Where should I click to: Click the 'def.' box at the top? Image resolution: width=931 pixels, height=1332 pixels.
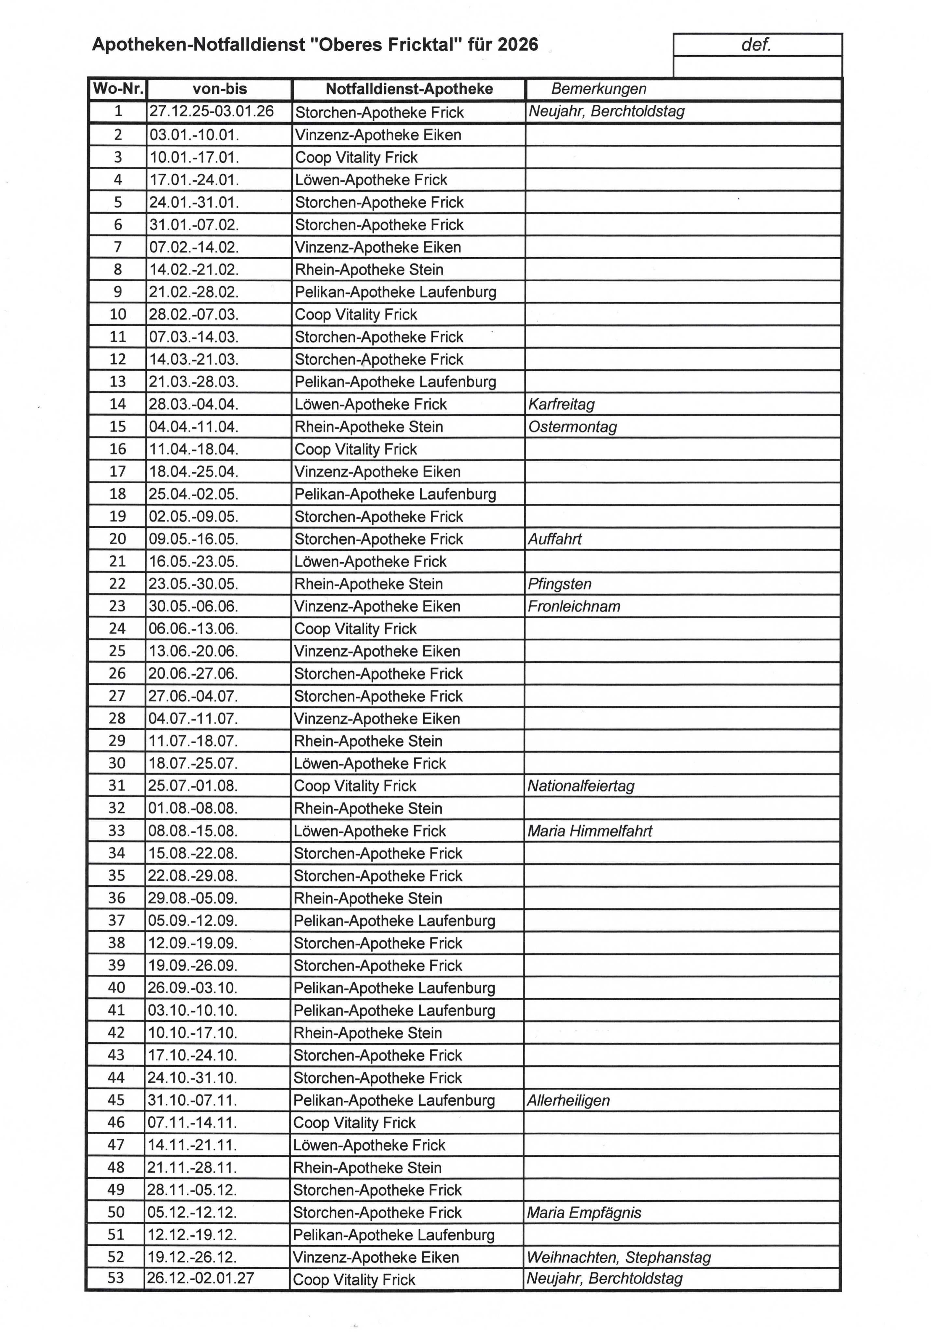pyautogui.click(x=756, y=45)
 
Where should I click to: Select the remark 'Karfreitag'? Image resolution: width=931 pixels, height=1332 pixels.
pyautogui.click(x=561, y=404)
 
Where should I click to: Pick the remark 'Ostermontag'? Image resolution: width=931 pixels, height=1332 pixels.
pyautogui.click(x=572, y=427)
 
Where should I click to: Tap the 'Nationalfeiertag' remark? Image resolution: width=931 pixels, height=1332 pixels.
pyautogui.click(x=581, y=786)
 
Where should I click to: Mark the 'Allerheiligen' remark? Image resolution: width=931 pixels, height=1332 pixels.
pyautogui.click(x=568, y=1100)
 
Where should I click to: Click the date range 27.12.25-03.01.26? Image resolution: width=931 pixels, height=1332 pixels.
pyautogui.click(x=211, y=111)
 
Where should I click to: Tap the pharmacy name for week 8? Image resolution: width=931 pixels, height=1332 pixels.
pyautogui.click(x=369, y=270)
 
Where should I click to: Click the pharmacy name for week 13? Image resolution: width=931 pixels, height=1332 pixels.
pyautogui.click(x=395, y=382)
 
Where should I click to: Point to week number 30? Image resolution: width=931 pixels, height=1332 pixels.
pyautogui.click(x=117, y=763)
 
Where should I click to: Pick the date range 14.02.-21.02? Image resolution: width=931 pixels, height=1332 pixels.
pyautogui.click(x=194, y=270)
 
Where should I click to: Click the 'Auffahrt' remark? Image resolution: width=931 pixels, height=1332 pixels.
pyautogui.click(x=554, y=539)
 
